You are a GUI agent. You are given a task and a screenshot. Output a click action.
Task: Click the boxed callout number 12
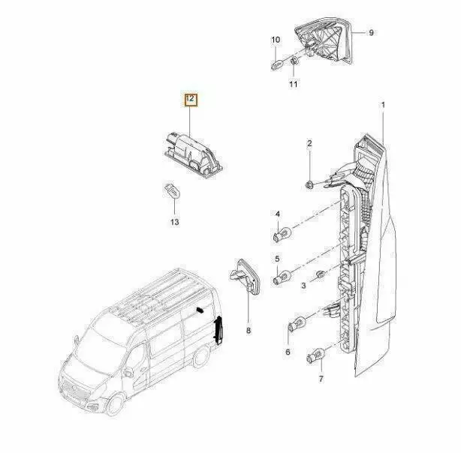[x=191, y=100]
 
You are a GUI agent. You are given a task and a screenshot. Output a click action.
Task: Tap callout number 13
[x=175, y=222]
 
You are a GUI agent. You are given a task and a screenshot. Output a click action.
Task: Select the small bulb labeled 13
[x=172, y=190]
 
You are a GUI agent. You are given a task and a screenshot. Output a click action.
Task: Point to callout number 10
[x=276, y=40]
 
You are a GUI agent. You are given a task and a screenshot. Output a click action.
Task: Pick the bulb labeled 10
[x=278, y=64]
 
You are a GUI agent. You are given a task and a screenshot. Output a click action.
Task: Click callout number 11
[x=293, y=84]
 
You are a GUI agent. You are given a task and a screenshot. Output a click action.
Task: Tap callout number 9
[x=371, y=32]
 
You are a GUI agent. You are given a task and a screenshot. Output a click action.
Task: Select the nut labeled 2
[x=309, y=185]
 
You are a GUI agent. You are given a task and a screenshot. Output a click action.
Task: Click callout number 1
[x=383, y=105]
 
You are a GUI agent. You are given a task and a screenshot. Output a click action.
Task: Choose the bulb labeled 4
[x=282, y=235]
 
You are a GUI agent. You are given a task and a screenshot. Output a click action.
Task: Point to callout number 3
[x=303, y=285]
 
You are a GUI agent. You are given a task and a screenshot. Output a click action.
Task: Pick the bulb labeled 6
[x=296, y=325]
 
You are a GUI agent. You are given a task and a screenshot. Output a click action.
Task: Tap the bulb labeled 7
[x=315, y=355]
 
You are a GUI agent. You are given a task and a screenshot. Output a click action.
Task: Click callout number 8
[x=249, y=331]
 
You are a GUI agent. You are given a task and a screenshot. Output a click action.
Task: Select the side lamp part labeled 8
[x=245, y=277]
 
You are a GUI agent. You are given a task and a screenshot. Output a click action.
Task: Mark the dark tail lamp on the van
[x=218, y=331]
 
